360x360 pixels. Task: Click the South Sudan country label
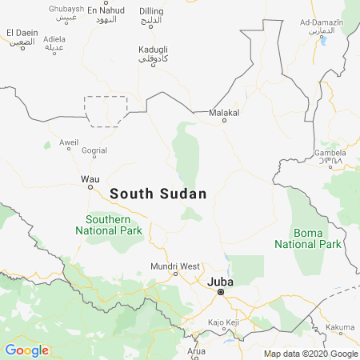point(158,194)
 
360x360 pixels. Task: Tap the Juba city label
point(222,282)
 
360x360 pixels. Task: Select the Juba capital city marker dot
point(222,294)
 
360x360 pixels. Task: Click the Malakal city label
point(224,114)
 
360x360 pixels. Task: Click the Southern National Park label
point(109,224)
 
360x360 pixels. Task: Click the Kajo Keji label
point(224,322)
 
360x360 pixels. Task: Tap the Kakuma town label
point(341,327)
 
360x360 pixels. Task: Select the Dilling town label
point(151,10)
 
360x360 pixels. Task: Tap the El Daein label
point(22,32)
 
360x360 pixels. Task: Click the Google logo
point(27,350)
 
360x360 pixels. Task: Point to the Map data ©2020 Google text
point(311,354)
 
